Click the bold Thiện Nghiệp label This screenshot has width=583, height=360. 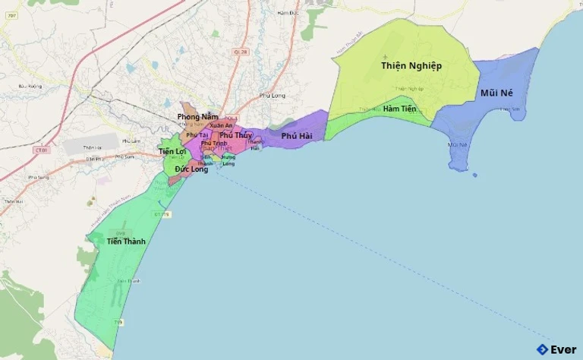pos(411,66)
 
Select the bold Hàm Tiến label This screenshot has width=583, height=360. pos(399,109)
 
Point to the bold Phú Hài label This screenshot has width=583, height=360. pos(297,136)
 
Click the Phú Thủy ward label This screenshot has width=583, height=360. pos(235,135)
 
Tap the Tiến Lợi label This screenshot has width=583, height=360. pos(172,152)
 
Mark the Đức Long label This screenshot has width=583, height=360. pos(191,169)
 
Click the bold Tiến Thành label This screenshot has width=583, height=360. pos(126,242)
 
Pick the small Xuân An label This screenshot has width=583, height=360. pos(221,125)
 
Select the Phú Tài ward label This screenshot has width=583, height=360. pos(197,134)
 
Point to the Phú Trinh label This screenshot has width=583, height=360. pos(214,144)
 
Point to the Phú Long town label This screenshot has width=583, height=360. pos(272,96)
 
